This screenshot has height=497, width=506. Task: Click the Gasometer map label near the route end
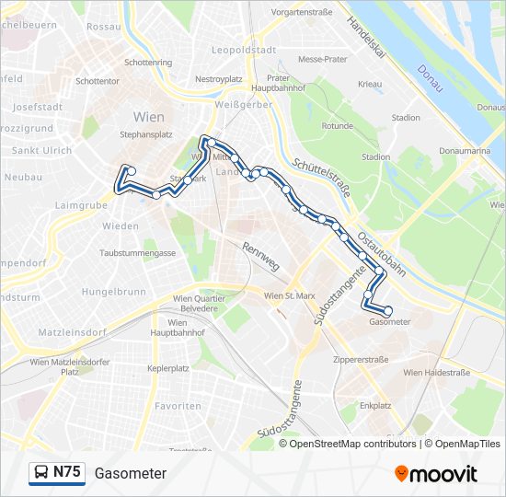pyautogui.click(x=389, y=322)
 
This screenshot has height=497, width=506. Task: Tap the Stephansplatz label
pyautogui.click(x=146, y=134)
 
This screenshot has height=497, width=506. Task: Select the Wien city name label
pyautogui.click(x=149, y=117)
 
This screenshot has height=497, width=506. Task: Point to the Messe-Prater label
pyautogui.click(x=322, y=59)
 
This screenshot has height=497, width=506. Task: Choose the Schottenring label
pyautogui.click(x=148, y=63)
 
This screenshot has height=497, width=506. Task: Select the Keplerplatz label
pyautogui.click(x=168, y=368)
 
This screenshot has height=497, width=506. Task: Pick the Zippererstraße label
pyautogui.click(x=361, y=359)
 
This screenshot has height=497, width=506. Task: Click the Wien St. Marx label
pyautogui.click(x=290, y=296)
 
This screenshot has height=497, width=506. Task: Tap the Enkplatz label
pyautogui.click(x=375, y=405)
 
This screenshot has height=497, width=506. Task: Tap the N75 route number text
pyautogui.click(x=67, y=473)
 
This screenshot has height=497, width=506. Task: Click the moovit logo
pyautogui.click(x=436, y=474)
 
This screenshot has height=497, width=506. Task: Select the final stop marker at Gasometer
pyautogui.click(x=388, y=311)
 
